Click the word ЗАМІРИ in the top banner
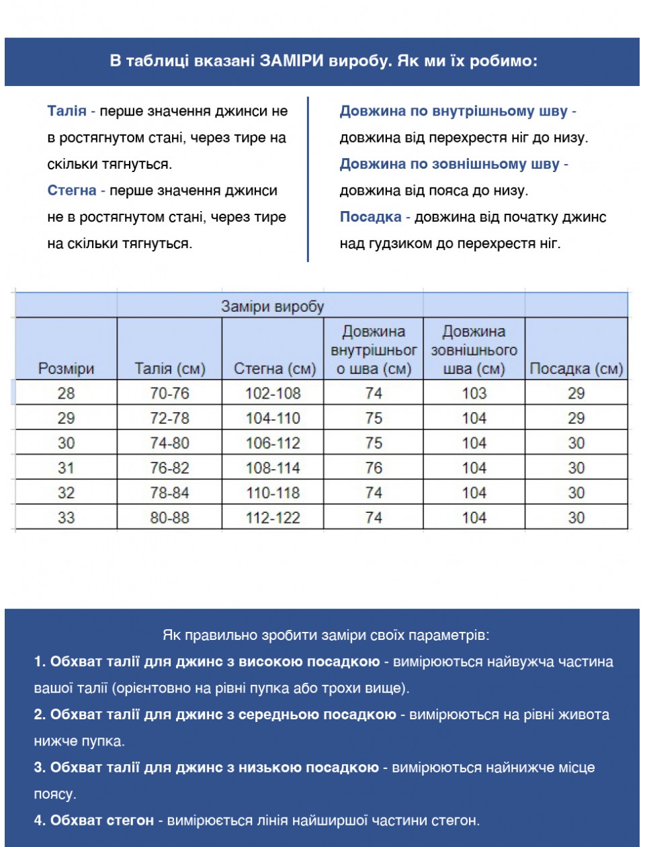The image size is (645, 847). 292,61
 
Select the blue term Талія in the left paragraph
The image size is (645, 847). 67,112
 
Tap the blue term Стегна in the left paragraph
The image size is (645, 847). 72,191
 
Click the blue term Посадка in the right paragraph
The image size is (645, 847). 370,217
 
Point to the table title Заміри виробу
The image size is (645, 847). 273,307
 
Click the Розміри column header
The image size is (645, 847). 66,368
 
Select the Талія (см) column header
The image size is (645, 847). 169,368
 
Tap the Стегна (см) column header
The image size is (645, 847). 274,368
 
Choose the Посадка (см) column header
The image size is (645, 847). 576,368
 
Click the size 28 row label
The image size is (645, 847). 66,393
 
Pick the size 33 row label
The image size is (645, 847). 66,518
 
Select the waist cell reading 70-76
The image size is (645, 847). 169,393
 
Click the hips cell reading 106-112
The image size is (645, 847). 273,443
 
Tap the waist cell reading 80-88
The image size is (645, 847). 169,518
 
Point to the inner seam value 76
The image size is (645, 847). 374,468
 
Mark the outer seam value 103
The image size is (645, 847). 474,393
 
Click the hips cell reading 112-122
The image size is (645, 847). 273,518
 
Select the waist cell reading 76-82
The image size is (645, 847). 169,468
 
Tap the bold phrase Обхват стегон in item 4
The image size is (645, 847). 102,820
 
